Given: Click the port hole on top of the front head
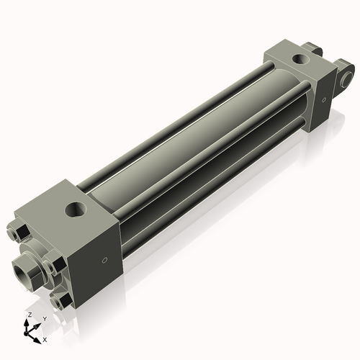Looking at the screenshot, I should (x=75, y=210).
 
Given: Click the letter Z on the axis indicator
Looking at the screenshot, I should (x=28, y=315).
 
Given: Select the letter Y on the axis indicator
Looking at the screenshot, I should (x=44, y=318).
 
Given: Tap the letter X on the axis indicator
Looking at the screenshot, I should (x=45, y=338).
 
